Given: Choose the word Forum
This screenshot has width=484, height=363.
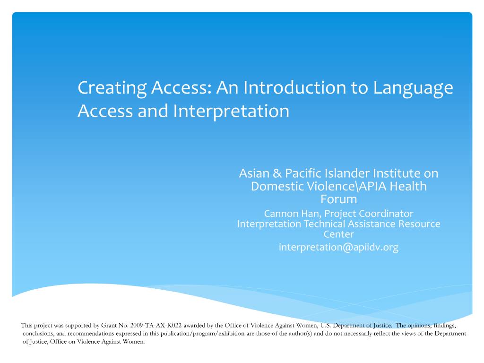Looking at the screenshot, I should [338, 199].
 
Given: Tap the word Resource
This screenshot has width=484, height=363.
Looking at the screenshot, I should [418, 224].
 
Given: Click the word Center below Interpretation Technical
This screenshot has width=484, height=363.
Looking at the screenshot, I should [338, 234].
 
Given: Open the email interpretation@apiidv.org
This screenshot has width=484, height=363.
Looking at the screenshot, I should [338, 247].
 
